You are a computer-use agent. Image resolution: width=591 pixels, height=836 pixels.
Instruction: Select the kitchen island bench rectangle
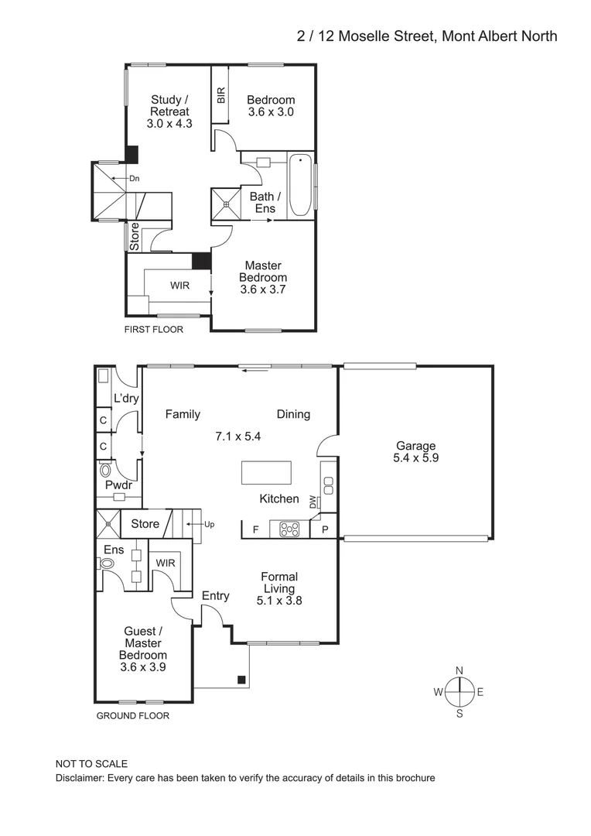267,472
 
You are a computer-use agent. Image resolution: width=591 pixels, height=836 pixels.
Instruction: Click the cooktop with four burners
289,529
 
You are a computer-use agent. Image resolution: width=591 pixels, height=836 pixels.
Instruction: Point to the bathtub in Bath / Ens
299,186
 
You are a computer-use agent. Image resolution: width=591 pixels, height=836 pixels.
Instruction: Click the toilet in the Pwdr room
106,470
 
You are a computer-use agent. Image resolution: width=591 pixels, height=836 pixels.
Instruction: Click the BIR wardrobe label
221,95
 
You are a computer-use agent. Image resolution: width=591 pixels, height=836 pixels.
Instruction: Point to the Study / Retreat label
169,111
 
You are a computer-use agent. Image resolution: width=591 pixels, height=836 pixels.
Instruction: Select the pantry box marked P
324,529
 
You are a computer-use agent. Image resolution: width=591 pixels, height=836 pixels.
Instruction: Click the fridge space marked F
255,529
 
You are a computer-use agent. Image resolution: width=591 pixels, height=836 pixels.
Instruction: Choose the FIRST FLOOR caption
154,329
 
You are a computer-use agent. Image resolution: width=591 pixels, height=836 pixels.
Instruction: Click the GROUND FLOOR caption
132,716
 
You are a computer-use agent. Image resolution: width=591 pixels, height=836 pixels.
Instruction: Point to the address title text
426,36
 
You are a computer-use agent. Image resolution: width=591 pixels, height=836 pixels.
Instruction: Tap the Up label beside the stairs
209,524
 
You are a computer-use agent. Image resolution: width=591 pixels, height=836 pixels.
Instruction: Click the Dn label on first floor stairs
134,179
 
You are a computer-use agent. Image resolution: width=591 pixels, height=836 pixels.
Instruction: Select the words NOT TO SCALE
91,764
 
